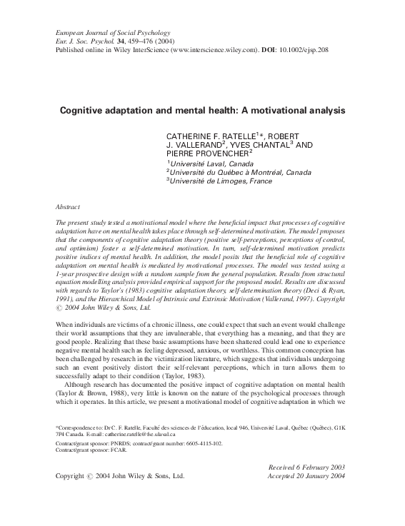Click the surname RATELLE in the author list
pyautogui.click(x=239, y=136)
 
